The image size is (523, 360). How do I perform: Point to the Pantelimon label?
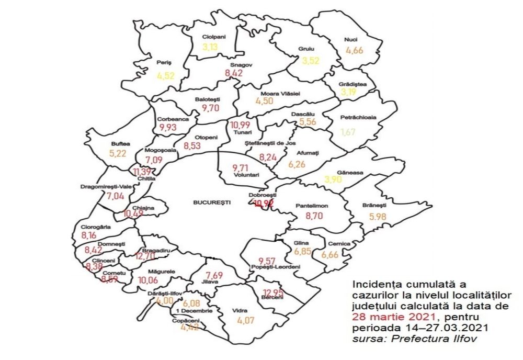[312, 206]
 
